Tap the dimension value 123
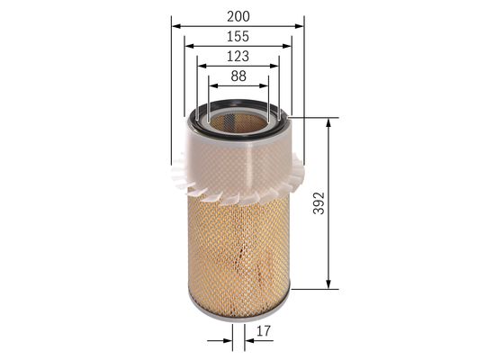click(x=238, y=57)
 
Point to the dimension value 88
click(x=238, y=77)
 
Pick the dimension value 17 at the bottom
click(x=263, y=333)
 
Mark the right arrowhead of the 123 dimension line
click(x=275, y=66)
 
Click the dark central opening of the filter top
click(x=238, y=116)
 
